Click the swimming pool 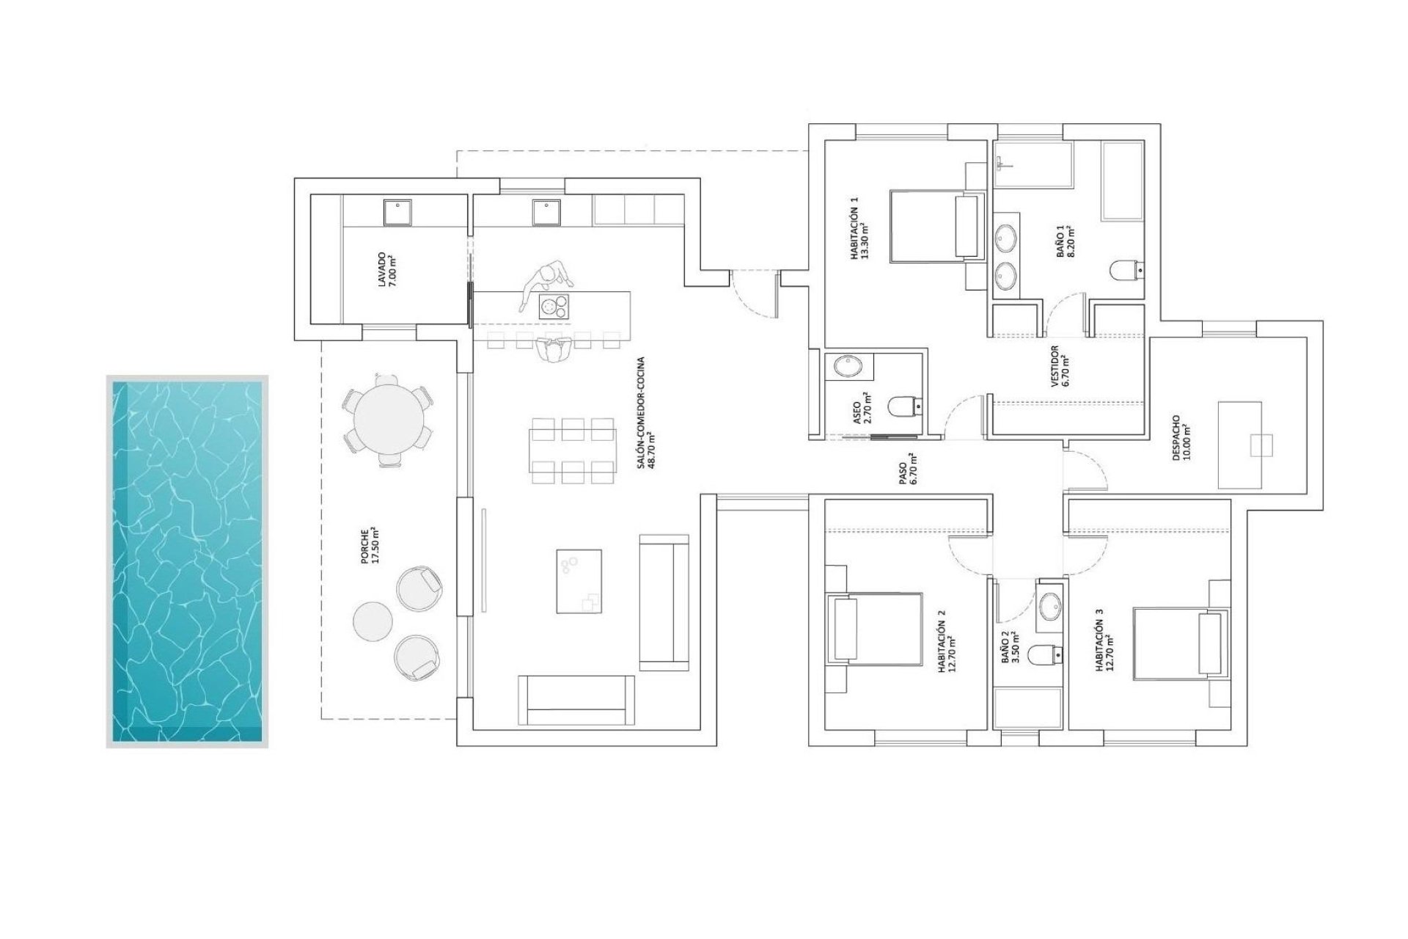pyautogui.click(x=187, y=561)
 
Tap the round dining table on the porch pyautogui.click(x=388, y=421)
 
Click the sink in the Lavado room pyautogui.click(x=398, y=213)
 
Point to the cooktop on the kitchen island pyautogui.click(x=554, y=306)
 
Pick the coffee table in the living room pyautogui.click(x=579, y=581)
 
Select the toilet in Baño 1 pyautogui.click(x=1126, y=271)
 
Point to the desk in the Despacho pyautogui.click(x=1239, y=445)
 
